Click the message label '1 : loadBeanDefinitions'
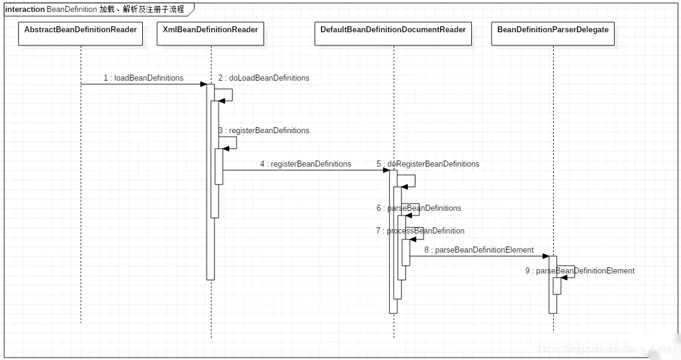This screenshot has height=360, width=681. (143, 78)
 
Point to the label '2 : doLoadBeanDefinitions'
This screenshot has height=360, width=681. (263, 78)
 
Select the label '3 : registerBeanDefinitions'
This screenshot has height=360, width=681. (263, 130)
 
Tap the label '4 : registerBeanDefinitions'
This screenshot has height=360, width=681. (305, 164)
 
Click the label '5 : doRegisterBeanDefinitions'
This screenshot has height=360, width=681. (428, 164)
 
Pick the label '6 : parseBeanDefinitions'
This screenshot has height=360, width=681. (419, 208)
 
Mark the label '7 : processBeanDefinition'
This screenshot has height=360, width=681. (420, 231)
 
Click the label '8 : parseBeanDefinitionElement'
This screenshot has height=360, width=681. (479, 250)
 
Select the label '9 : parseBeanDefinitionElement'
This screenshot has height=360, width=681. (580, 271)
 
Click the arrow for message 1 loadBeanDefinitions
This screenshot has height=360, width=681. (143, 85)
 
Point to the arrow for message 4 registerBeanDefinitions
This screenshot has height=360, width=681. (305, 171)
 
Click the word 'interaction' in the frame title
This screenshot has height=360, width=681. (24, 10)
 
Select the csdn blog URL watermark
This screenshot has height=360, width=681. (606, 349)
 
